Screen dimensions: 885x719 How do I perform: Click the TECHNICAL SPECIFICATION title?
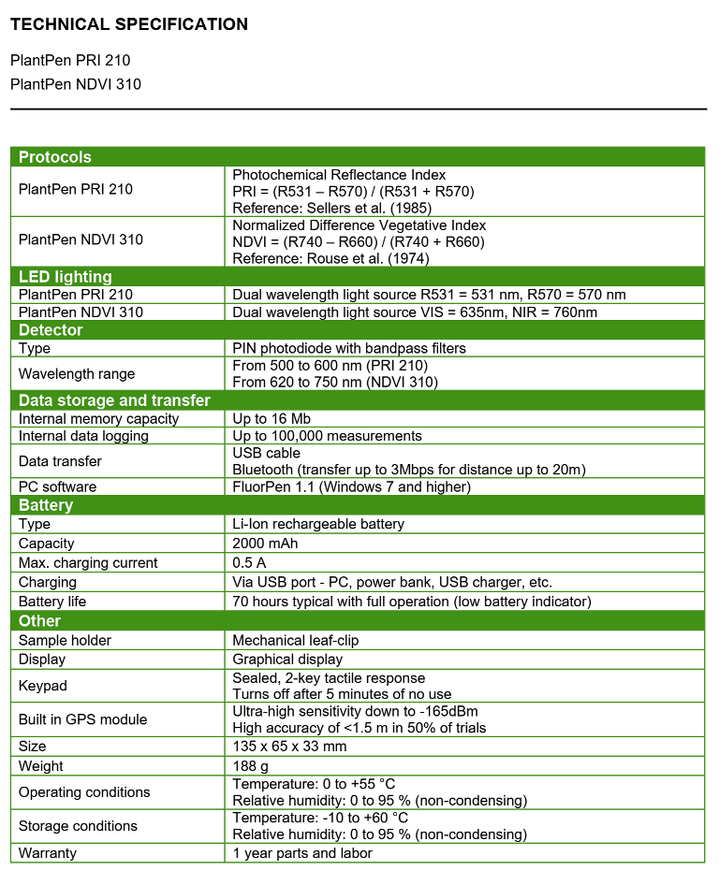click(129, 24)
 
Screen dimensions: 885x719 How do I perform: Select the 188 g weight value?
click(251, 766)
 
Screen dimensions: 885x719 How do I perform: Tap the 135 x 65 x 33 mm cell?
click(290, 747)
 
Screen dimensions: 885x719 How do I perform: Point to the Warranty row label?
click(48, 853)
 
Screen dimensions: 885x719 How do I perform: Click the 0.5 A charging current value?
click(249, 563)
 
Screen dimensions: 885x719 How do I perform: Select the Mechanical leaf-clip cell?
click(296, 641)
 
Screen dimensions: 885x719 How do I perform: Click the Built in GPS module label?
click(83, 719)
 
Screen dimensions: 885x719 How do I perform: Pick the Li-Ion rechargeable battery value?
click(318, 525)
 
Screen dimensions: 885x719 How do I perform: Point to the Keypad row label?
click(43, 686)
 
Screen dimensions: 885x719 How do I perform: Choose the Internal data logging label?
click(83, 436)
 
